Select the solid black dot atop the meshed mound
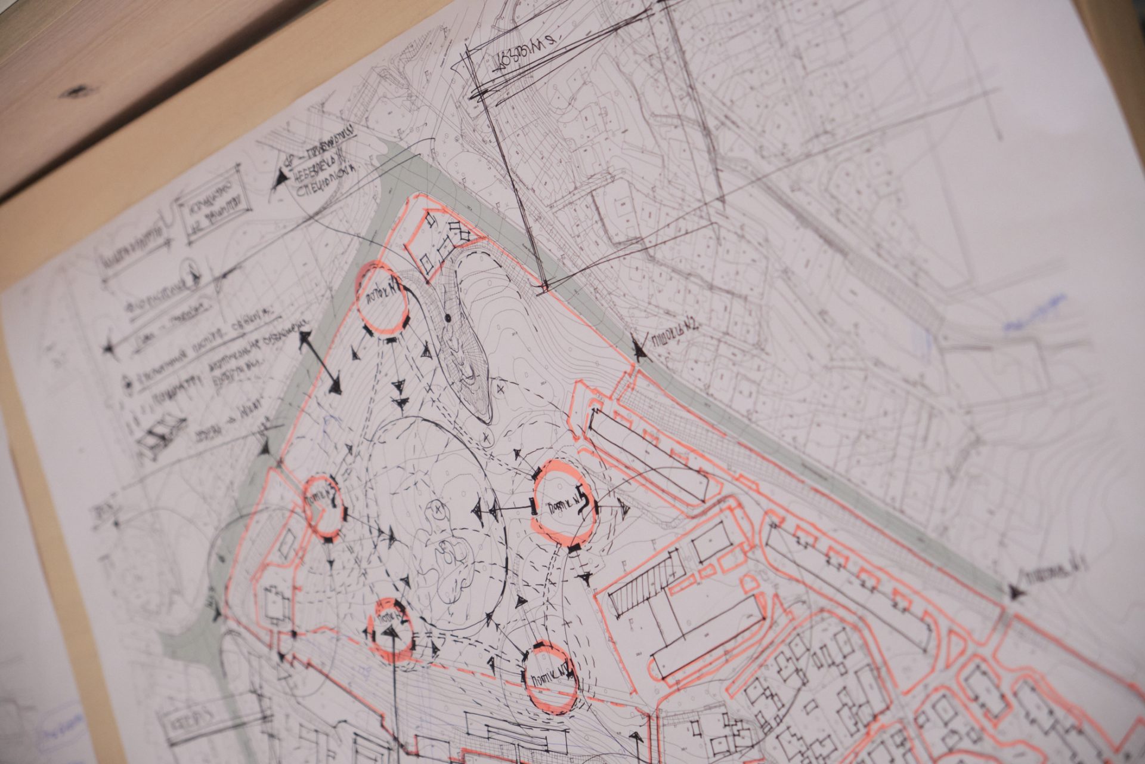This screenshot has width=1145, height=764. pyautogui.click(x=447, y=318)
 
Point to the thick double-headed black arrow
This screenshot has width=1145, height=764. pyautogui.click(x=320, y=363)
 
